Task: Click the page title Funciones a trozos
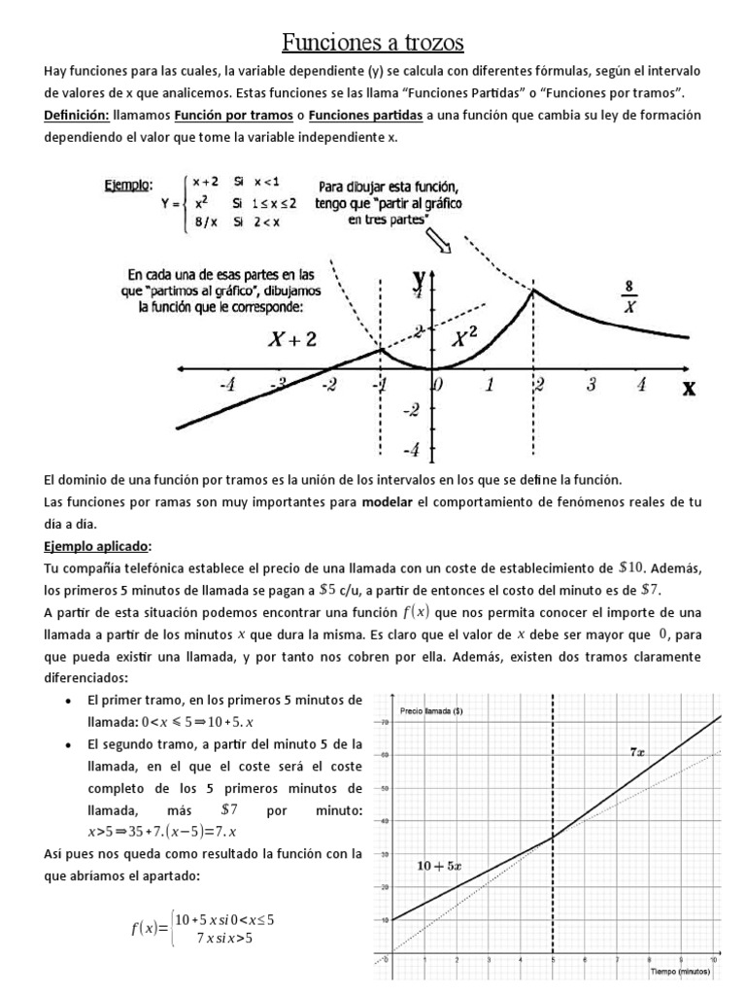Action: [x=373, y=42]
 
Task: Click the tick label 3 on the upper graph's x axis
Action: [x=591, y=385]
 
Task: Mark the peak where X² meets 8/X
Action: [x=532, y=289]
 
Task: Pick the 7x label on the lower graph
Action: [x=637, y=751]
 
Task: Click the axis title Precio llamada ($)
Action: [x=430, y=711]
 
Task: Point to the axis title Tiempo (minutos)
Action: [x=679, y=970]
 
